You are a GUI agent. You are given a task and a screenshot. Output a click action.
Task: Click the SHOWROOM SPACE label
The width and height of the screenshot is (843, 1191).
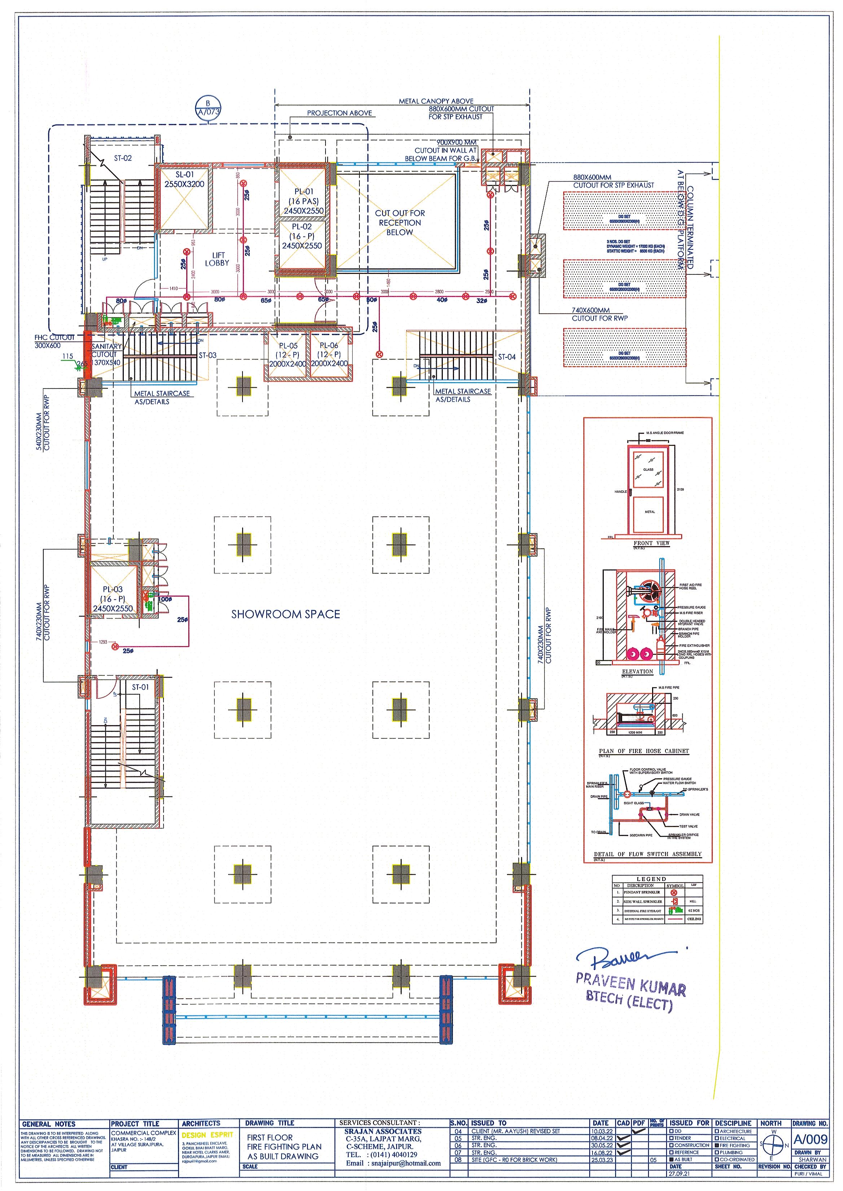(285, 614)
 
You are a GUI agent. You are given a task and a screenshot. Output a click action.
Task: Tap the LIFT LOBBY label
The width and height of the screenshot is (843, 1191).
(217, 259)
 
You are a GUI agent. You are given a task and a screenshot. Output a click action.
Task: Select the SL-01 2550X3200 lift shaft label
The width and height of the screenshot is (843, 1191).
(184, 180)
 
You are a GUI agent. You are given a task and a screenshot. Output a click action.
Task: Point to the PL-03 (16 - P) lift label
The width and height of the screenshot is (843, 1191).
(113, 599)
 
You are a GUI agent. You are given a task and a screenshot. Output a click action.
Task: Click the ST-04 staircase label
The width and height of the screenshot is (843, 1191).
(507, 357)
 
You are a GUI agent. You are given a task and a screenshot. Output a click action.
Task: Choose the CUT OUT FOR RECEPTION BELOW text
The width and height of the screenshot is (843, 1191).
(400, 223)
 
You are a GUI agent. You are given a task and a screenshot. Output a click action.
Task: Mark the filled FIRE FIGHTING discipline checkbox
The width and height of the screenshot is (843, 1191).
(717, 1145)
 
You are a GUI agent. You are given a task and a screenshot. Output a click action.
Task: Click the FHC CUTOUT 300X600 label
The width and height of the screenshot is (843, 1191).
(54, 341)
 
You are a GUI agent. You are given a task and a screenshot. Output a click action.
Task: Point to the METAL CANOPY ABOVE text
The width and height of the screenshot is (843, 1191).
(436, 101)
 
